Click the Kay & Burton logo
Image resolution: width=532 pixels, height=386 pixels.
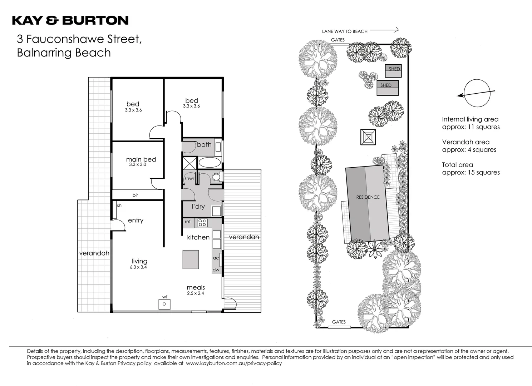click(x=70, y=20)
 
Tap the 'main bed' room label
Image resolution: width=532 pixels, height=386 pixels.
click(x=141, y=159)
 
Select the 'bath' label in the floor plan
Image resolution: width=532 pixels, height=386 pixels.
click(x=204, y=145)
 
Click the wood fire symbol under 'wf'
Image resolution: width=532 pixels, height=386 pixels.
click(x=164, y=304)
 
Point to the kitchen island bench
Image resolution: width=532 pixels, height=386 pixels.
click(x=191, y=259)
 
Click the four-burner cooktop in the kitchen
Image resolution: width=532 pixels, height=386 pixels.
click(x=202, y=223)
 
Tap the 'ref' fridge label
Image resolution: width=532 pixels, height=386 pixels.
click(x=188, y=222)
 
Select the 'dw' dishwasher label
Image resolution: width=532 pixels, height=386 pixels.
click(x=216, y=270)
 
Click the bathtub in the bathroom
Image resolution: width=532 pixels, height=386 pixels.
click(x=210, y=163)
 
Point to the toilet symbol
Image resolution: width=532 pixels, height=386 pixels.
click(x=216, y=177)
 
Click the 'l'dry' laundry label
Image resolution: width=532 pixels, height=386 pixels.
click(x=198, y=207)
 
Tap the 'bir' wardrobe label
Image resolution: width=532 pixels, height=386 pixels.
click(x=135, y=195)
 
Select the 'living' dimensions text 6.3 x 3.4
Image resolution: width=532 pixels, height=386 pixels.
click(x=139, y=267)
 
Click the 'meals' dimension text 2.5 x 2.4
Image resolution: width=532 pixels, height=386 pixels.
click(x=196, y=293)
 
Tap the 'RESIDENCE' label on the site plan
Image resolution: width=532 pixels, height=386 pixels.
click(x=368, y=197)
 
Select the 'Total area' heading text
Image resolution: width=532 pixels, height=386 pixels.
click(x=457, y=165)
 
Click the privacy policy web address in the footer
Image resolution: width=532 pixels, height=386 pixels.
click(x=234, y=363)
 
